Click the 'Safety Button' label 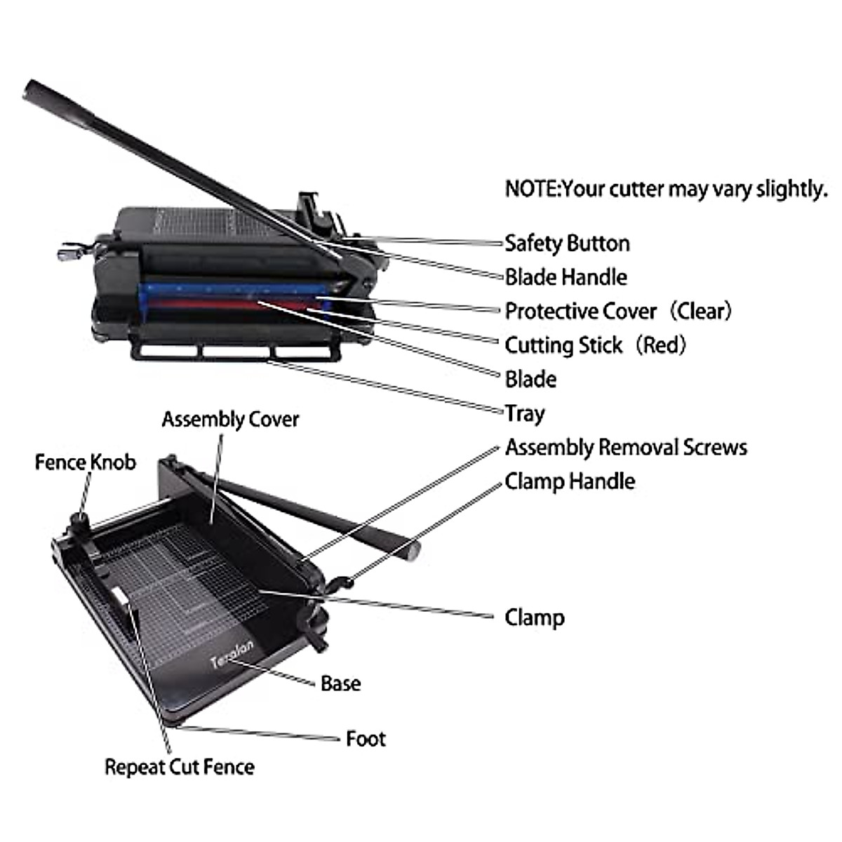click(x=567, y=243)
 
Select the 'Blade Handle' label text click(x=566, y=277)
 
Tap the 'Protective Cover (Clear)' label click(x=617, y=311)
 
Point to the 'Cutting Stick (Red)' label click(x=595, y=345)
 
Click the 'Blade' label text click(x=530, y=380)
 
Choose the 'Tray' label click(x=524, y=413)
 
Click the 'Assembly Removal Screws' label click(x=626, y=448)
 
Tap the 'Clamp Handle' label click(x=570, y=482)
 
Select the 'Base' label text click(x=340, y=683)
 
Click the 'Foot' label click(x=366, y=739)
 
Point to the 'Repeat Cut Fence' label click(x=180, y=767)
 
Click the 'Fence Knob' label click(x=86, y=462)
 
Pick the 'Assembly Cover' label click(x=230, y=420)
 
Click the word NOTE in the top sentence click(x=532, y=189)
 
